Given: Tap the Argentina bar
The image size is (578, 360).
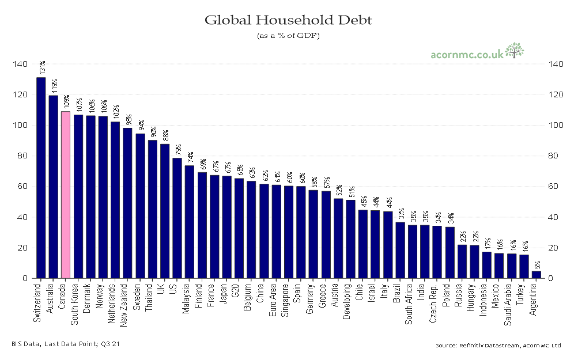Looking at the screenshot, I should point(536,275).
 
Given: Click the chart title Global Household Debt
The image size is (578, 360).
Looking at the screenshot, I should point(288,21).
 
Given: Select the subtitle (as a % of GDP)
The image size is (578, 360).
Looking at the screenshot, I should point(288,36).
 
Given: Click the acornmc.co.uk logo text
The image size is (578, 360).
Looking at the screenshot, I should point(467,55).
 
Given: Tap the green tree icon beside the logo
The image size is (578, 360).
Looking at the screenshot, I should point(514,50).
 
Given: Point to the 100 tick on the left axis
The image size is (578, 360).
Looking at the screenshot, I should point(19,125).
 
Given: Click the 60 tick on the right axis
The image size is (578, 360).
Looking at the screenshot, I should point(557,187).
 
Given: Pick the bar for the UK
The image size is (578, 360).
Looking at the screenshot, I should point(165,211).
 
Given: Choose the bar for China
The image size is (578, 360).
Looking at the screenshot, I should point(264,231).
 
